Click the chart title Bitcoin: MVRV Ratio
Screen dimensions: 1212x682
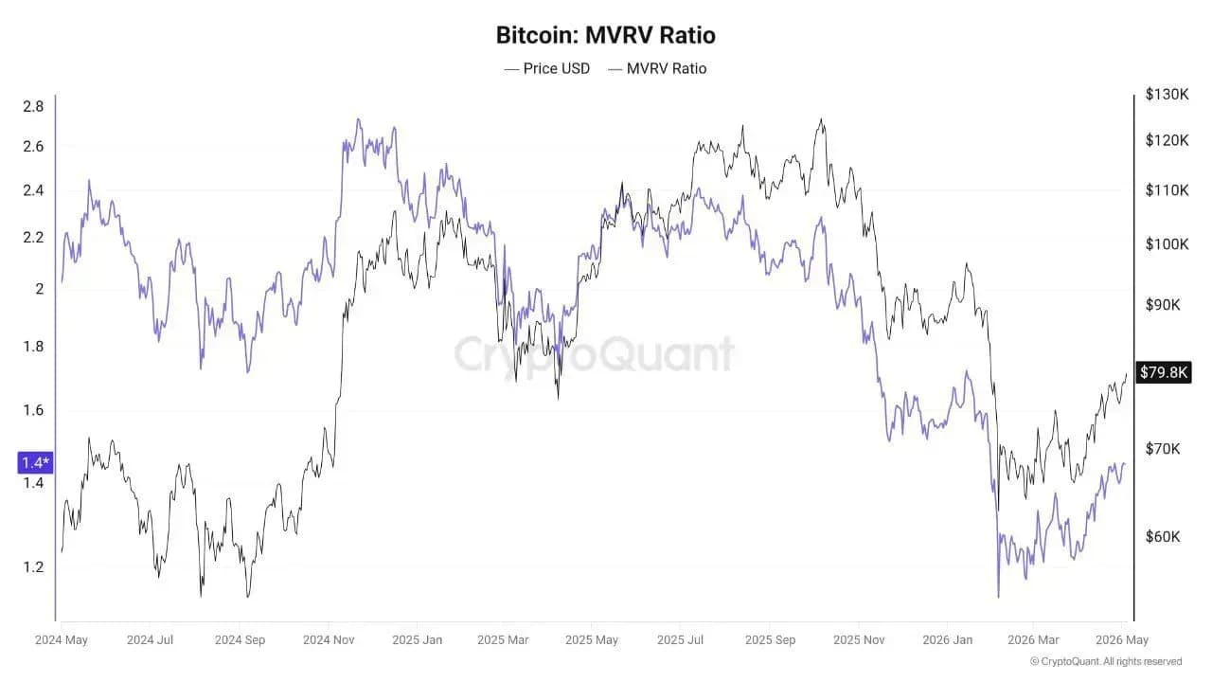[605, 35]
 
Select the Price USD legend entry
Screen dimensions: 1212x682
[547, 69]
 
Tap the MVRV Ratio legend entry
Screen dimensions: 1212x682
[657, 69]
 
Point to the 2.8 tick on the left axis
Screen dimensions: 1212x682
[33, 107]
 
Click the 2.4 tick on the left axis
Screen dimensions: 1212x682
[33, 190]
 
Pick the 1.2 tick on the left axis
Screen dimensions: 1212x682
[33, 567]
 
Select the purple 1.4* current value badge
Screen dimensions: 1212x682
[36, 463]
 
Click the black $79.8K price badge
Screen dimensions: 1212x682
[1164, 372]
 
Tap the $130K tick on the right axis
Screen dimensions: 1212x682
[1167, 95]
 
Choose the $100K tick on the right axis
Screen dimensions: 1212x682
[1167, 244]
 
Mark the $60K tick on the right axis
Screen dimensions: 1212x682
[1163, 536]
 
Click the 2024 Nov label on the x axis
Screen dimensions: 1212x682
[329, 639]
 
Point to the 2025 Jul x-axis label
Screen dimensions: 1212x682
[680, 639]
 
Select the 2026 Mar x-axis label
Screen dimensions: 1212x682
[1033, 639]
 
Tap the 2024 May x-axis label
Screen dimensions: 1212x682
[62, 639]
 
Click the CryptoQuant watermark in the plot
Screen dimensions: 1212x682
[594, 354]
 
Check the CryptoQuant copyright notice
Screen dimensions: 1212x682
[1106, 661]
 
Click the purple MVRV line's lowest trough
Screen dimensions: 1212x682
[998, 597]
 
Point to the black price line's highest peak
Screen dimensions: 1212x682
[821, 119]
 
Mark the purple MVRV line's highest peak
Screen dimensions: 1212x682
[358, 119]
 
